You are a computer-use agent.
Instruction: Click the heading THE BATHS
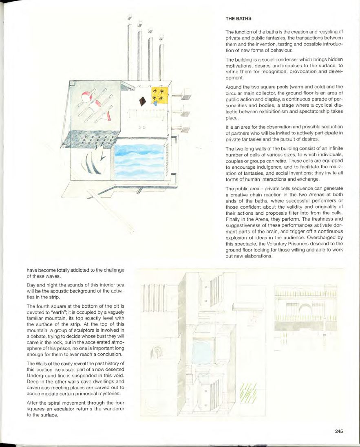tap(239, 19)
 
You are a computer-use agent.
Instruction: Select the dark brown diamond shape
tap(142, 100)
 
